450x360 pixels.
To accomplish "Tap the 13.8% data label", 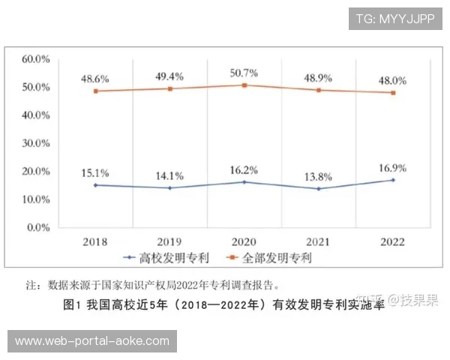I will click(x=318, y=175).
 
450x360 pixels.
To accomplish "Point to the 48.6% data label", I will click(x=95, y=79).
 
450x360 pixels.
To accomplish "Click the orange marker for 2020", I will click(x=244, y=85).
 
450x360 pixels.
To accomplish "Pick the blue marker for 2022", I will click(x=392, y=180).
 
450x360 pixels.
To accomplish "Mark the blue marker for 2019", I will click(x=169, y=187).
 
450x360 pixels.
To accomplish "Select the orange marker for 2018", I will click(x=95, y=91).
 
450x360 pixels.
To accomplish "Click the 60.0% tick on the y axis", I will click(x=36, y=59).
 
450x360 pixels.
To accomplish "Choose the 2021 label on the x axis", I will click(x=318, y=241).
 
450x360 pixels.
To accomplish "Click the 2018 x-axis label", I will click(x=95, y=241).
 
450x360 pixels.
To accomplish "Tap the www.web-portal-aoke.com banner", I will click(x=92, y=341).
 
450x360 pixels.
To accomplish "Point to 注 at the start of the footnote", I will click(x=31, y=285).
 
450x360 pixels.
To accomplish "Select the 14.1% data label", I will click(x=169, y=175).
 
